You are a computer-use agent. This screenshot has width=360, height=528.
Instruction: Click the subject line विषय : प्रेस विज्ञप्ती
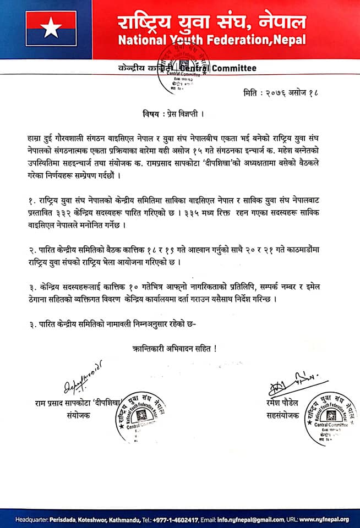(170, 116)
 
